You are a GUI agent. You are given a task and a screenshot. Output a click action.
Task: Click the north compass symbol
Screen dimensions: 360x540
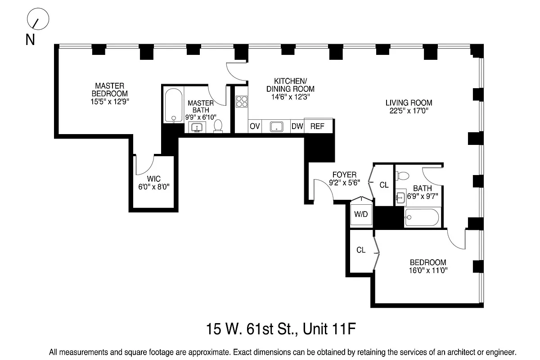(38, 20)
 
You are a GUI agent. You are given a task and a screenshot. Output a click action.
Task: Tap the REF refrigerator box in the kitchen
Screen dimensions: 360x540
(318, 126)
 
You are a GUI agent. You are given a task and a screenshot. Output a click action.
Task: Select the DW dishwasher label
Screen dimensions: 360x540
(297, 126)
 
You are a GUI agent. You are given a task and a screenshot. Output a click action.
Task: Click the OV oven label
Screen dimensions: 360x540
(255, 126)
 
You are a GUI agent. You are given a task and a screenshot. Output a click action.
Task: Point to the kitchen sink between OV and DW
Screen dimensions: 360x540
(276, 126)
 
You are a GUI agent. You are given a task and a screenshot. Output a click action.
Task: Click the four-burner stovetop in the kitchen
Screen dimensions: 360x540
(242, 102)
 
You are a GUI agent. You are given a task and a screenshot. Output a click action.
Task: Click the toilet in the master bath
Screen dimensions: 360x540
(218, 126)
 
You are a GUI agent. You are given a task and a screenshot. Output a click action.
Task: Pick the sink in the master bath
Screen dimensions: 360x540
(197, 127)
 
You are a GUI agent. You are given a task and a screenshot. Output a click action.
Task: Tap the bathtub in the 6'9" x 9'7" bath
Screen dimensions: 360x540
(422, 218)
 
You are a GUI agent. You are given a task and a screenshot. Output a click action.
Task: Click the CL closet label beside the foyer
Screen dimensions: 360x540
(384, 185)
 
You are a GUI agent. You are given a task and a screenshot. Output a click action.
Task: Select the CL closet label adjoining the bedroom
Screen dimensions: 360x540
(361, 250)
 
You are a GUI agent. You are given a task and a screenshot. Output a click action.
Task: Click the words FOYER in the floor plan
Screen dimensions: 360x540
(344, 175)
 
